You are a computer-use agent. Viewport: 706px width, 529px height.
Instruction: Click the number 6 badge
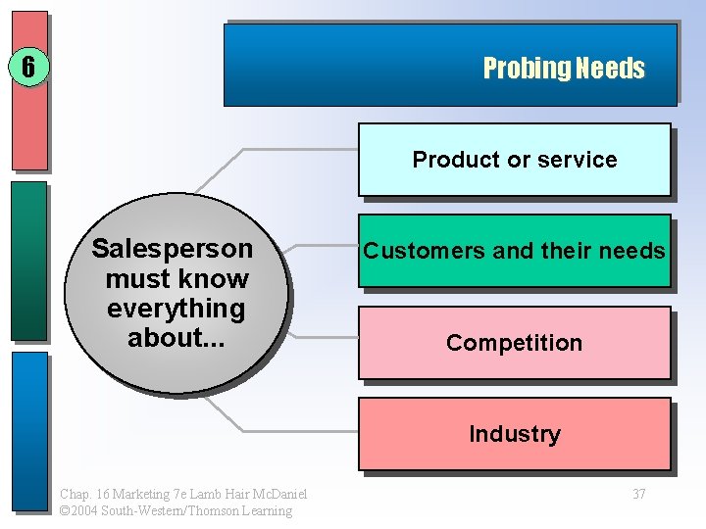click(28, 68)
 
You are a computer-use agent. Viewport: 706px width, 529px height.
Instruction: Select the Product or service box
click(514, 160)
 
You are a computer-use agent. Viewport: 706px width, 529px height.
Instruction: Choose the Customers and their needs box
click(514, 251)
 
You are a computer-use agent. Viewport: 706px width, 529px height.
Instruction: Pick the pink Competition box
click(514, 343)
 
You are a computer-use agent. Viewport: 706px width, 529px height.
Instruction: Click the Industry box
click(514, 434)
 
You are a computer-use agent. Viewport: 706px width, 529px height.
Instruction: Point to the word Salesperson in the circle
click(172, 248)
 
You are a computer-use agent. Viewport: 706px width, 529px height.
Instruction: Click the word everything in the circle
click(176, 309)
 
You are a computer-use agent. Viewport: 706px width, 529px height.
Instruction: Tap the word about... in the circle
click(176, 338)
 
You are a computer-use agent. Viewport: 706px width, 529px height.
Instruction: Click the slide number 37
click(638, 494)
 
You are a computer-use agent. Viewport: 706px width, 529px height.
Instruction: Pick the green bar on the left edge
click(29, 260)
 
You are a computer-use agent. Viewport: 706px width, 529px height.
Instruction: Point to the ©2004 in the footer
click(77, 510)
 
